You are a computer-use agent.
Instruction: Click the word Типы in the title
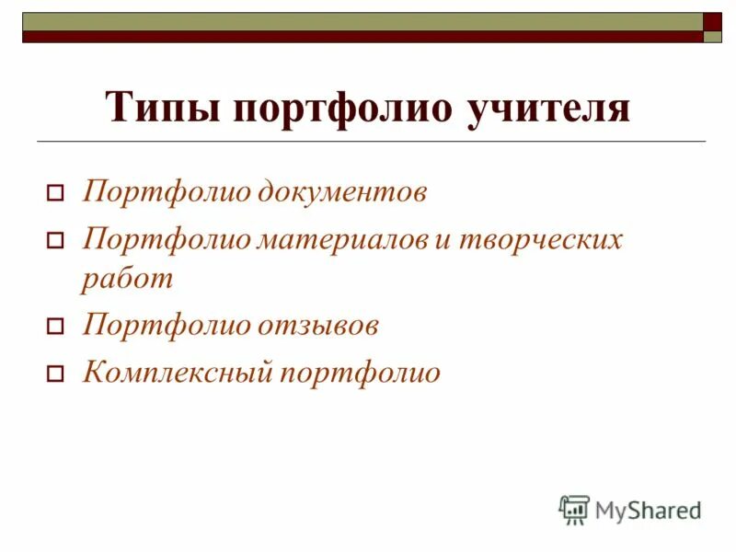click(x=162, y=108)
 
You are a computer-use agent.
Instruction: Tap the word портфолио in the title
click(x=344, y=108)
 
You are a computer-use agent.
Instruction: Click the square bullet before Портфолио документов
click(x=54, y=195)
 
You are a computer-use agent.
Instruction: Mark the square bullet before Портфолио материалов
click(x=54, y=242)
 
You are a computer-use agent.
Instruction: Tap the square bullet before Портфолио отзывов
click(x=54, y=327)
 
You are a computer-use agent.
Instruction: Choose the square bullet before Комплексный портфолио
click(x=54, y=374)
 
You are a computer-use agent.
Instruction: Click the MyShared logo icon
click(x=574, y=509)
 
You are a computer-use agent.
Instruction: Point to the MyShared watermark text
click(x=649, y=509)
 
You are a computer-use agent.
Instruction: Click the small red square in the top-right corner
click(x=713, y=21)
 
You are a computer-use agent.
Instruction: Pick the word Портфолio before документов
click(x=166, y=193)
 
